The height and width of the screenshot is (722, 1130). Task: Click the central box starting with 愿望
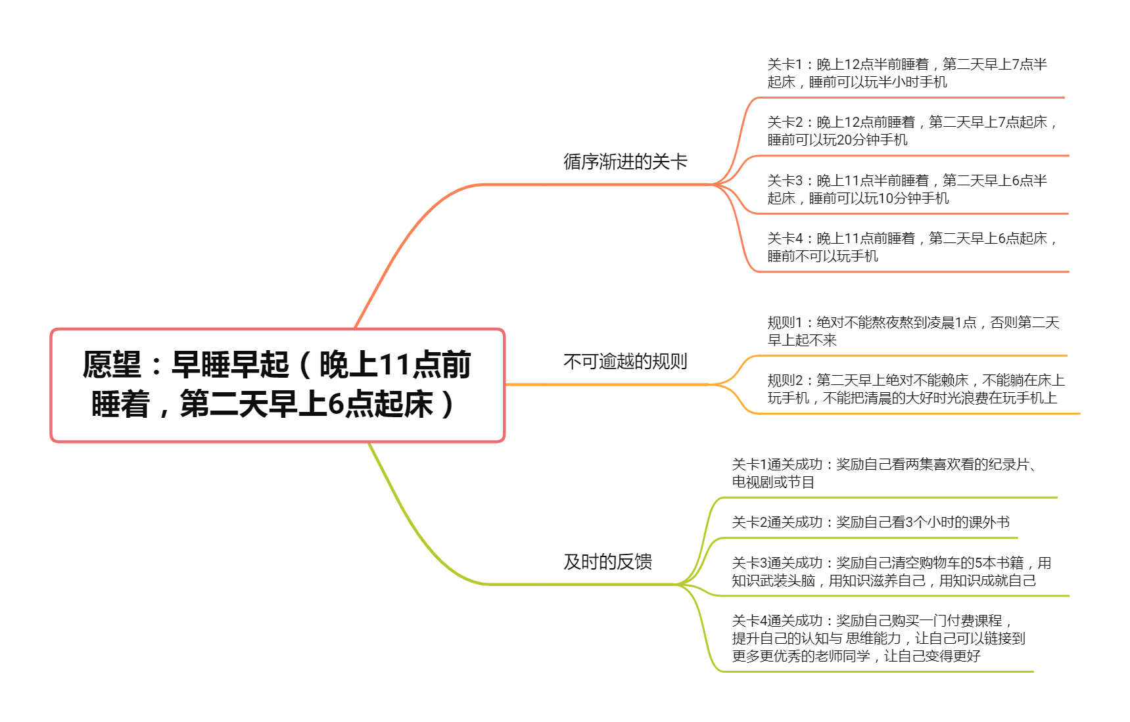277,385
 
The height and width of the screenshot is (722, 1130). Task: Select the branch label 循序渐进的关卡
625,162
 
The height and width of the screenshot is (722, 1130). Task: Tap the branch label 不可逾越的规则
625,361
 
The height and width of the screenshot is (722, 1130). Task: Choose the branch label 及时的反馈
607,562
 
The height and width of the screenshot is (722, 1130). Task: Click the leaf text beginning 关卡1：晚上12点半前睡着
907,73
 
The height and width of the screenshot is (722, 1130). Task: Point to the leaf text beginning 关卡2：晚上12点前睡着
912,131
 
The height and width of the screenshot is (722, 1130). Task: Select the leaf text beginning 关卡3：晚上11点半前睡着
907,189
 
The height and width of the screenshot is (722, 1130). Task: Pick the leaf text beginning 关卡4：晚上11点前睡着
912,247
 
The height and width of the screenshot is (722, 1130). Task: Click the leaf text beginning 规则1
913,331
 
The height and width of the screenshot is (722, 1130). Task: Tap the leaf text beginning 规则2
916,389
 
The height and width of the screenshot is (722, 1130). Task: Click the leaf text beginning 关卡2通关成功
870,522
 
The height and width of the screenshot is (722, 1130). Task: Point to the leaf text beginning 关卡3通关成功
891,572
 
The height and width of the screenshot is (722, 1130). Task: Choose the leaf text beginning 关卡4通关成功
878,638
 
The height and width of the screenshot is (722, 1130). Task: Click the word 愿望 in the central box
112,365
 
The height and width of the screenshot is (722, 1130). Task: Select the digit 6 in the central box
336,404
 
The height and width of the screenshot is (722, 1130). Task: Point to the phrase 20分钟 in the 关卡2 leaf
859,140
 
